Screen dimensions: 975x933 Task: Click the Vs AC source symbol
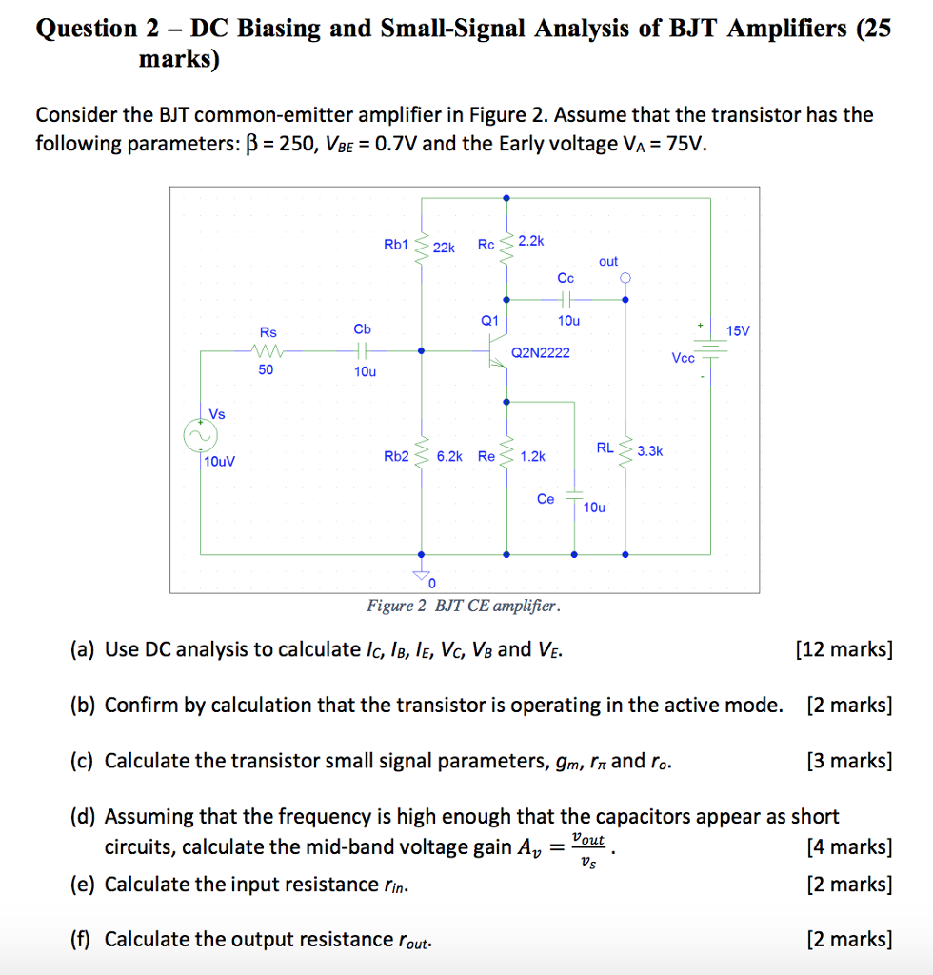click(x=201, y=435)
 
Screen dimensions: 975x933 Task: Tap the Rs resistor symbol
click(x=267, y=351)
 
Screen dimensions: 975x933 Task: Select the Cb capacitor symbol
click(x=364, y=350)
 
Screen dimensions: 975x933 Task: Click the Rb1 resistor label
click(x=396, y=245)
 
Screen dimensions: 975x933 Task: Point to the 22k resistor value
click(x=445, y=248)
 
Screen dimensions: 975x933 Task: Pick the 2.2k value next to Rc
click(x=531, y=240)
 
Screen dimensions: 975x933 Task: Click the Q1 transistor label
click(x=489, y=321)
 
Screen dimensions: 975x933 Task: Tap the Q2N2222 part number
click(x=541, y=352)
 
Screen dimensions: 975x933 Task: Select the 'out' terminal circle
click(x=625, y=278)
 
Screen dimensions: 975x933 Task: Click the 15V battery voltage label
click(x=739, y=331)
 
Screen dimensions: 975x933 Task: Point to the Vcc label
click(x=683, y=358)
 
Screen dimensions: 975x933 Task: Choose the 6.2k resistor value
click(x=449, y=456)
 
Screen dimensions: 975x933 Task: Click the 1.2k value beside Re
click(x=533, y=456)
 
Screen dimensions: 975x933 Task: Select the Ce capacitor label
click(x=546, y=498)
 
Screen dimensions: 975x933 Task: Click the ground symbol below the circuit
click(x=421, y=574)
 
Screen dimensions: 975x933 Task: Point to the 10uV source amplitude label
click(x=220, y=461)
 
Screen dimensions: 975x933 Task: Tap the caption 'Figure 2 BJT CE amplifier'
click(x=464, y=607)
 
